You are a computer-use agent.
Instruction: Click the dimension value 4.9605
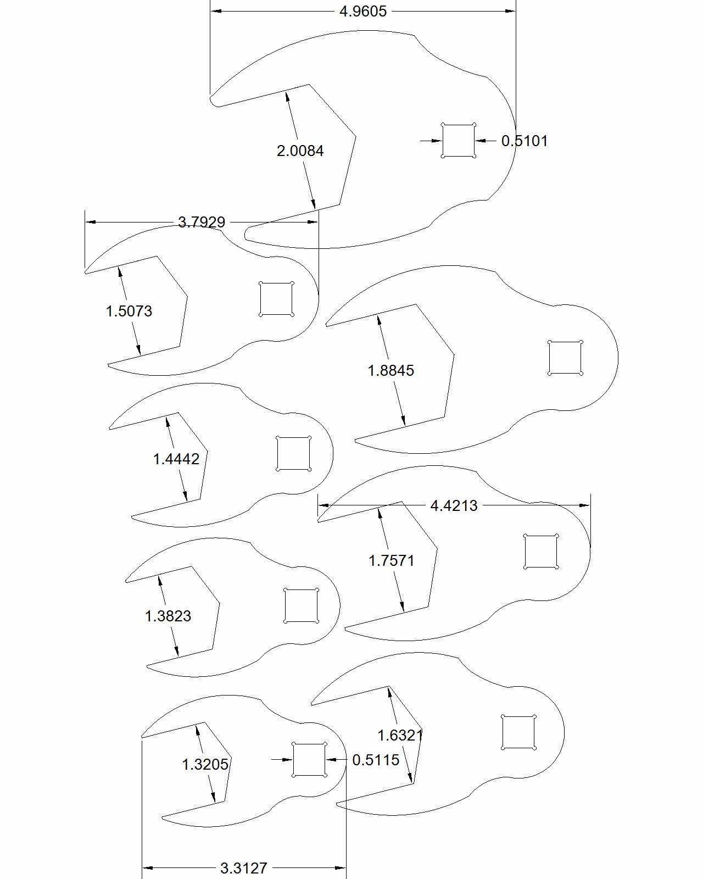pos(362,12)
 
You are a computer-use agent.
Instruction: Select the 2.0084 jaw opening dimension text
pos(300,151)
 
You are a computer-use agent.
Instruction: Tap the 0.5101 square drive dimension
pos(525,141)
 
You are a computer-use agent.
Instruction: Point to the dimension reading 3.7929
pos(202,222)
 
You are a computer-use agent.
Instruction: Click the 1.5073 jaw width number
pos(129,311)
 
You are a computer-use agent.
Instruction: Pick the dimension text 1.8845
pos(391,370)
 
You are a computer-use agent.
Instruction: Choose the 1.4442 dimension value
pos(176,459)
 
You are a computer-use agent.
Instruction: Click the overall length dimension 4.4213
pos(454,505)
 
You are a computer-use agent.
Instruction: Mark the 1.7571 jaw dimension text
pos(392,560)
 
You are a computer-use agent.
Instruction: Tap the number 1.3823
pos(168,616)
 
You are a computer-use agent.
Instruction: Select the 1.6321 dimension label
pos(400,735)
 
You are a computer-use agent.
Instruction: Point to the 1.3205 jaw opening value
pos(205,765)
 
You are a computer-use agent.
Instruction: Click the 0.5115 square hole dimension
pos(376,760)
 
